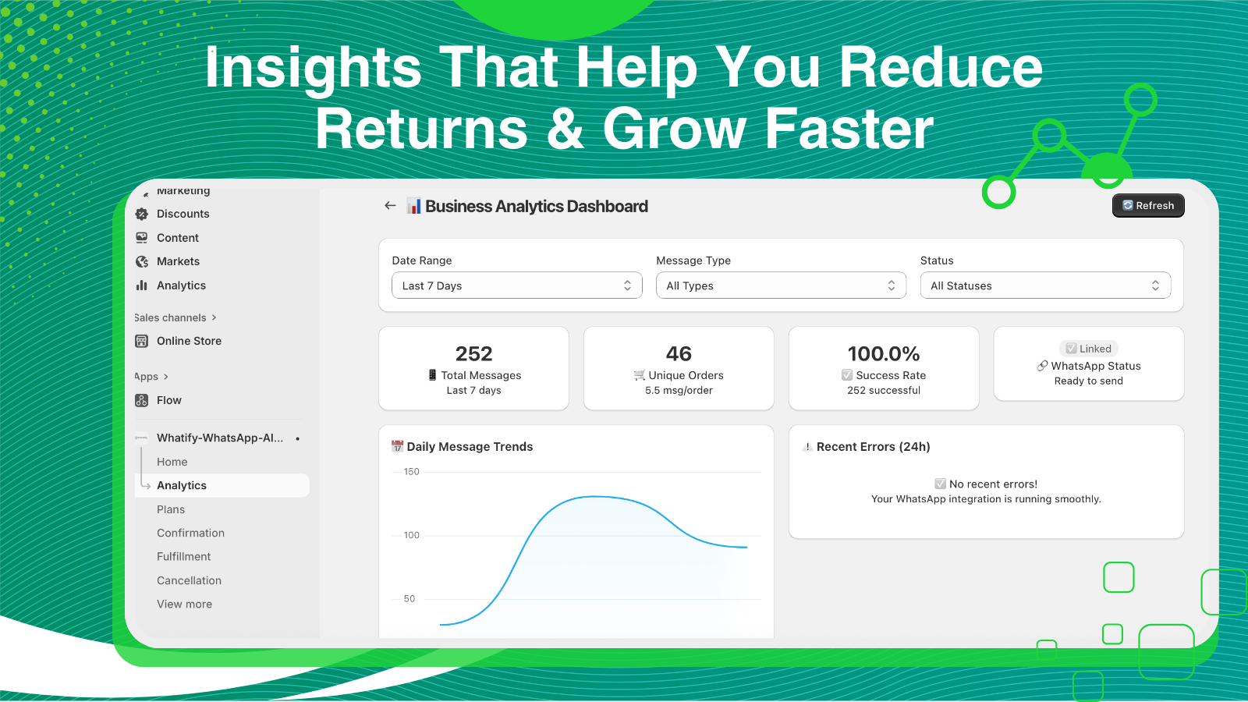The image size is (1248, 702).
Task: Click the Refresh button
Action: click(x=1148, y=206)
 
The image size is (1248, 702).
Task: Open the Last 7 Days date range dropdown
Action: click(x=517, y=285)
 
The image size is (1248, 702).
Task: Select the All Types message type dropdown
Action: click(x=781, y=285)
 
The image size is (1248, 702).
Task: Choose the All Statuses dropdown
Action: click(x=1045, y=285)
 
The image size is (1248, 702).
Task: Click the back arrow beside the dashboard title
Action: click(x=390, y=206)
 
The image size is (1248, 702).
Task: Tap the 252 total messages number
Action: click(x=473, y=354)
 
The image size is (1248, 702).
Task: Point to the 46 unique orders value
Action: click(x=679, y=354)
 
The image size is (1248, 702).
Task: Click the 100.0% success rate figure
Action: click(x=884, y=354)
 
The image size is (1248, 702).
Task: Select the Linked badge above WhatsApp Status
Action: click(x=1089, y=349)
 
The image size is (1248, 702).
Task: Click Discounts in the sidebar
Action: click(x=183, y=214)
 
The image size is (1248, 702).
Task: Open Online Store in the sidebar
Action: click(x=189, y=341)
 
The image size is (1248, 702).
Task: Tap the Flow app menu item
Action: click(x=168, y=400)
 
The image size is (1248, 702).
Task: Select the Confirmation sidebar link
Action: click(x=190, y=533)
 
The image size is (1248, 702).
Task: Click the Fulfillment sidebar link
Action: click(x=183, y=557)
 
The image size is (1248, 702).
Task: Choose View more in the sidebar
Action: click(x=184, y=604)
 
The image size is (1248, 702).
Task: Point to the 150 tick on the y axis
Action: click(x=411, y=472)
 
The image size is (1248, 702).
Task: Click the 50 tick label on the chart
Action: click(x=409, y=599)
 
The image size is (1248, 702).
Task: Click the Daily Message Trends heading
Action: click(x=470, y=447)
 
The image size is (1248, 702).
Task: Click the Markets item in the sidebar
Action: click(x=178, y=261)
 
